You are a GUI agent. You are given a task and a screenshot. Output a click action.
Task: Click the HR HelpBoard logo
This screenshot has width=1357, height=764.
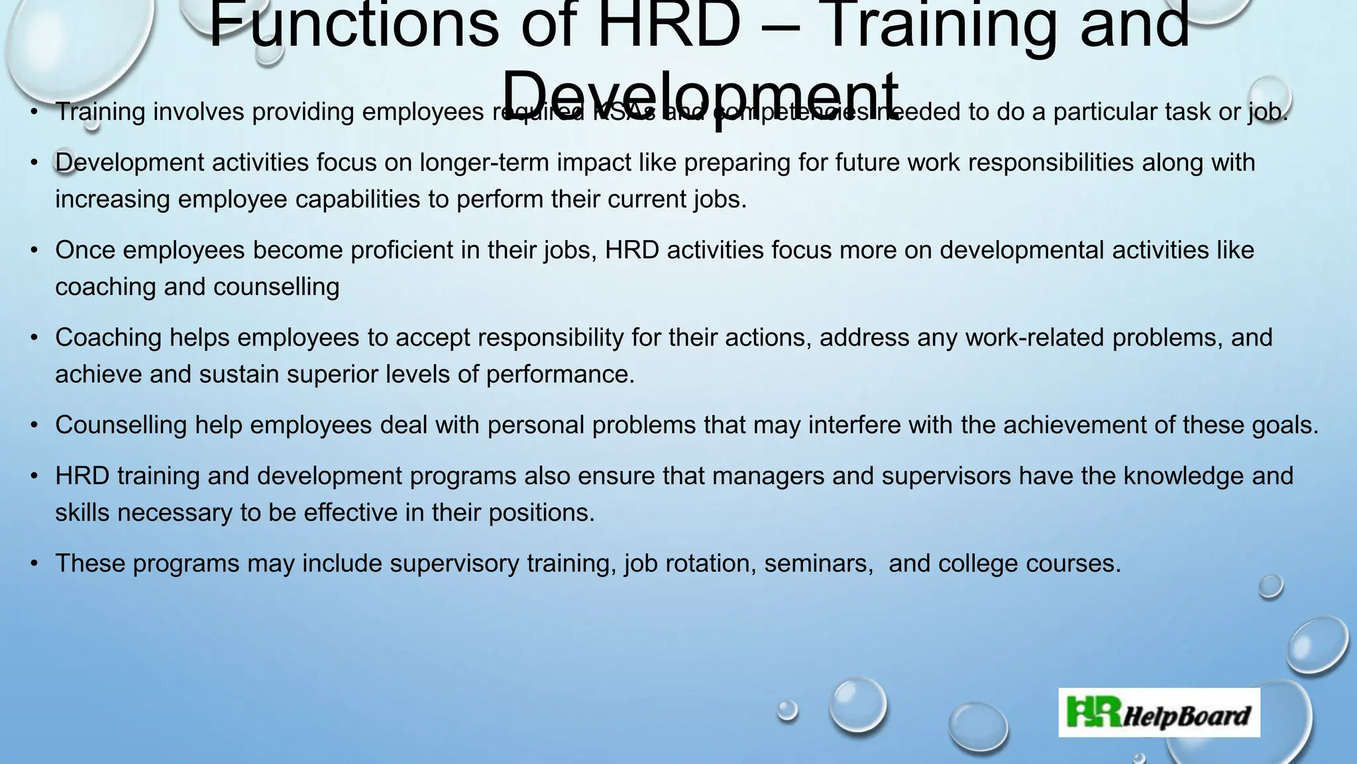(1159, 712)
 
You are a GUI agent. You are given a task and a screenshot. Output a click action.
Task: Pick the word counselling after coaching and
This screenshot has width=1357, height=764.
(276, 286)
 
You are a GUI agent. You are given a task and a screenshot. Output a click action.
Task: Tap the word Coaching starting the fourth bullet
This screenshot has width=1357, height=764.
(108, 338)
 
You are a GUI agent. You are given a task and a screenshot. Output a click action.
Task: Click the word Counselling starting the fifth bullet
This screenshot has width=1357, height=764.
(121, 425)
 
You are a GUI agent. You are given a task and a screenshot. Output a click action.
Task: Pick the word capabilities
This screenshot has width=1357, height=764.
(358, 199)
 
